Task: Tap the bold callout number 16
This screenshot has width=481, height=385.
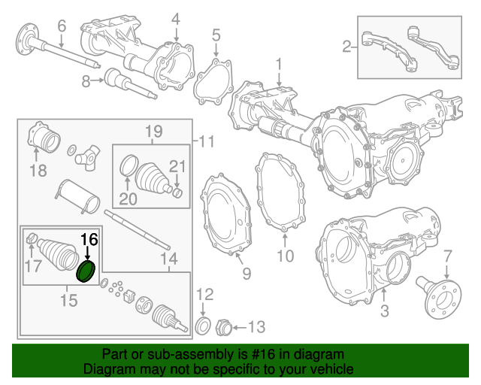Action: click(89, 240)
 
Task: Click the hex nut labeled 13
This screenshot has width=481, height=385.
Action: click(222, 327)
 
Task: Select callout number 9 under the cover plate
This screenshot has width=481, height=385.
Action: click(247, 274)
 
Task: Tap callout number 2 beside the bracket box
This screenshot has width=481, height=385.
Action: click(346, 47)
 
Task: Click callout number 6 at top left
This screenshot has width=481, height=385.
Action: click(62, 26)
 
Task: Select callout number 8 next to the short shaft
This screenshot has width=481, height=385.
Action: click(86, 80)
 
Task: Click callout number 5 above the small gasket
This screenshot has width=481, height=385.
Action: click(216, 34)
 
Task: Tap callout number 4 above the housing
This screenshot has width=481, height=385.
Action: click(176, 19)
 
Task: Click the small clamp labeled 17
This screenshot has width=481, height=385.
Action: click(32, 240)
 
